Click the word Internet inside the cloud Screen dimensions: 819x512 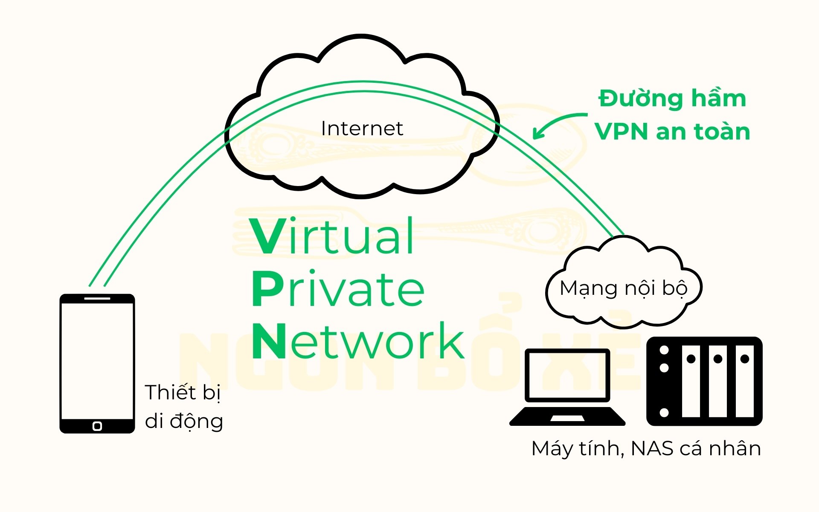point(362,128)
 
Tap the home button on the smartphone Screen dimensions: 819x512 point(97,426)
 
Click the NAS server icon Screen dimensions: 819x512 point(704,381)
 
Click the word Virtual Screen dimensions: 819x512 point(332,236)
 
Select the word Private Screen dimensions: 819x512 point(338,288)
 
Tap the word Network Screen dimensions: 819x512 point(358,340)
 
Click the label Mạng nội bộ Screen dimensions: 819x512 point(624,289)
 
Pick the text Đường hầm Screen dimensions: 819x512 point(672,99)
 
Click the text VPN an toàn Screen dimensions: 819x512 point(672,131)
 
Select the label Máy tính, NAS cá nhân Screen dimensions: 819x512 point(646,449)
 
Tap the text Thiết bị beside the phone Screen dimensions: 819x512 point(183,393)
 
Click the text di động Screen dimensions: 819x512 point(184,422)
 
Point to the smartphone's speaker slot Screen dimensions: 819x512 point(97,298)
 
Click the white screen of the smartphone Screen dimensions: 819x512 point(97,361)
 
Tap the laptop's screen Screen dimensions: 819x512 point(567,375)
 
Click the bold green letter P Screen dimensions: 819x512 point(267,289)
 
